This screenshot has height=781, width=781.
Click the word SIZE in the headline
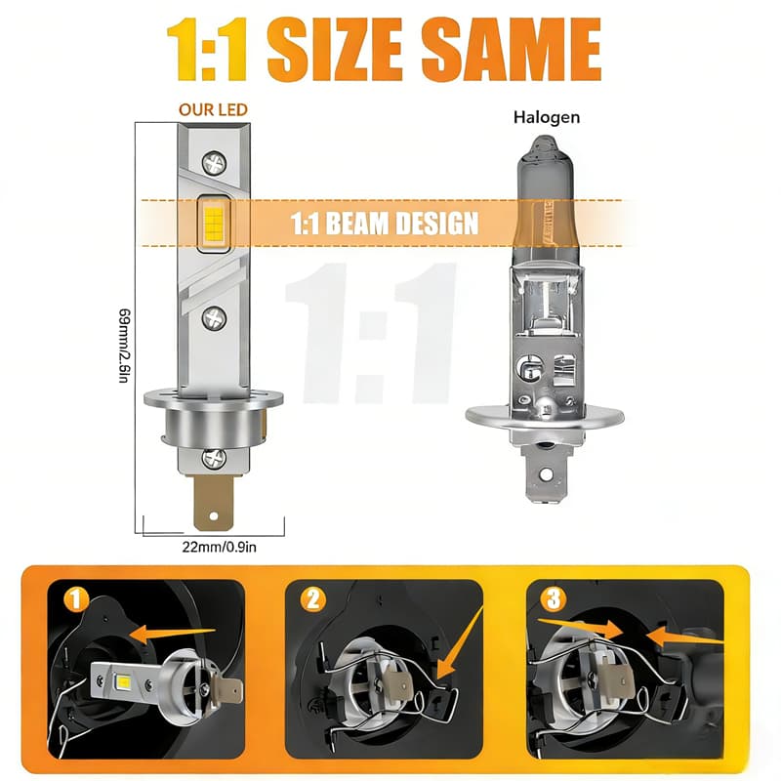(334, 49)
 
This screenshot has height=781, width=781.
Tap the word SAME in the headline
(511, 49)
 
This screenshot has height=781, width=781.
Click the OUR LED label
(213, 109)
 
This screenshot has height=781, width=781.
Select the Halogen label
(547, 117)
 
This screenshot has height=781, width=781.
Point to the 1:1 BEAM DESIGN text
(384, 223)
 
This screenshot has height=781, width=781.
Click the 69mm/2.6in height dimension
(125, 346)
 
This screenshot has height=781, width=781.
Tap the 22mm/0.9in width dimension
(219, 547)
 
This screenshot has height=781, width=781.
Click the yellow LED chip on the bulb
(214, 224)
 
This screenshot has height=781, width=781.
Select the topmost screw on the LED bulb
(214, 163)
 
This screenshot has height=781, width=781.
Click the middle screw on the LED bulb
(214, 318)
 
